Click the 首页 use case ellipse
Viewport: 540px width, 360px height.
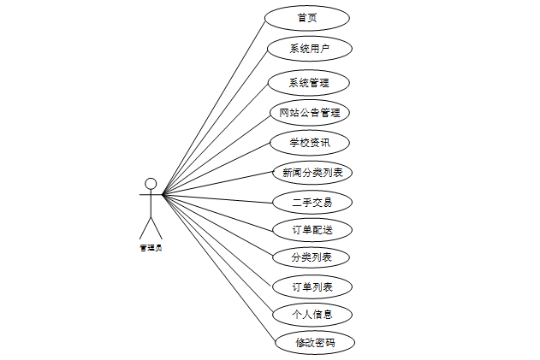(307, 18)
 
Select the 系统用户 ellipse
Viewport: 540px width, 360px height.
(309, 49)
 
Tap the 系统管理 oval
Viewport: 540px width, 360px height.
(309, 83)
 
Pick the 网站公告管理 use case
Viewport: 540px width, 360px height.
(310, 112)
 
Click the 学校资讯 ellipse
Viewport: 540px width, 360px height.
(310, 143)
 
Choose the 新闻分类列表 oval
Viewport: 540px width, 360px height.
(312, 173)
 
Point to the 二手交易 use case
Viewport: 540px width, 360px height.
(312, 203)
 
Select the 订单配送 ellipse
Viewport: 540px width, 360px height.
(312, 230)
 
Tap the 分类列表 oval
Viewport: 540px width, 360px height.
(312, 257)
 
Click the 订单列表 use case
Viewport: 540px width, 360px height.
(312, 286)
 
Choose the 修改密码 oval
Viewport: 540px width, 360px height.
(315, 343)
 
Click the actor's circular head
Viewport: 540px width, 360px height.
(151, 183)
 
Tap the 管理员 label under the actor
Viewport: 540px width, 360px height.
(151, 248)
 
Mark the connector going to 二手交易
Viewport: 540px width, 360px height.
(218, 199)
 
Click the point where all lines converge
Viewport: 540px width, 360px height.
(163, 195)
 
